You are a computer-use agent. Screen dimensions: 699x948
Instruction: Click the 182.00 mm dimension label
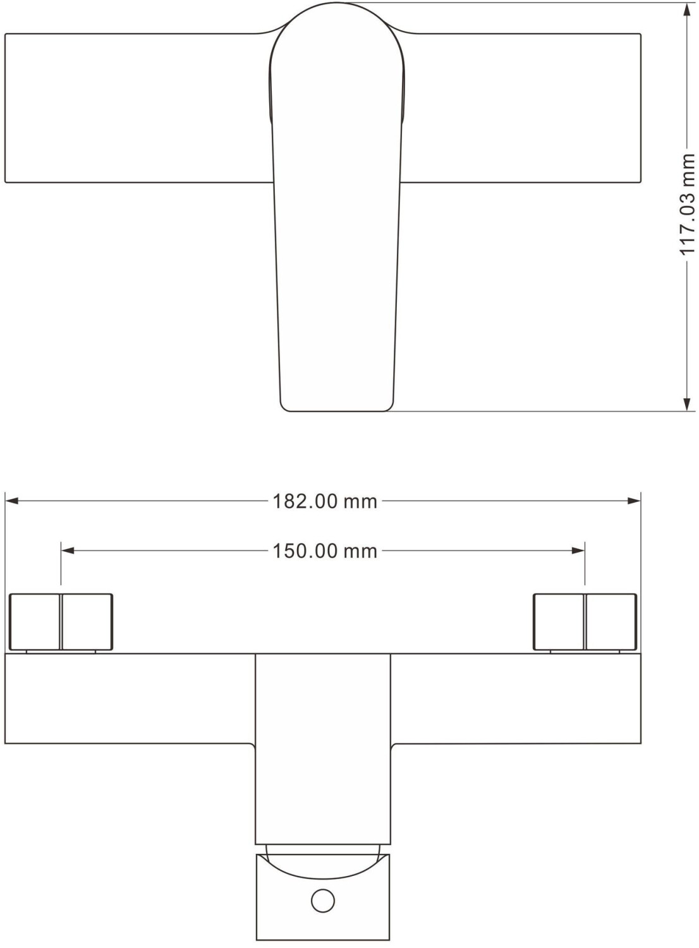click(325, 502)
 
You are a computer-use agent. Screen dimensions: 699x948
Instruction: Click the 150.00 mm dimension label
click(325, 551)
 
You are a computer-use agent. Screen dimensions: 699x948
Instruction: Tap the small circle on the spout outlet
click(323, 901)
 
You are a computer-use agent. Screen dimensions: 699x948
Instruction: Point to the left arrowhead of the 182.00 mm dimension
click(11, 502)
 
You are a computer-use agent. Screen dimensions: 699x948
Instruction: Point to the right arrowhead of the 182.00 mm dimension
click(635, 502)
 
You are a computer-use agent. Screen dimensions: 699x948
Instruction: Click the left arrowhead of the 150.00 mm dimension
click(68, 550)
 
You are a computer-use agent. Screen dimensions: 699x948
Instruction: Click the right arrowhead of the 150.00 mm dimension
click(578, 550)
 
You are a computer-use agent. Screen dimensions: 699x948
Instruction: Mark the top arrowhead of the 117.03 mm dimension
click(687, 9)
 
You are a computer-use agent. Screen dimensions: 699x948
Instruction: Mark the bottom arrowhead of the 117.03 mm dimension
click(687, 404)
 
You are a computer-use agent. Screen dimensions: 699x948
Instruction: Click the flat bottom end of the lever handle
click(337, 411)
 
